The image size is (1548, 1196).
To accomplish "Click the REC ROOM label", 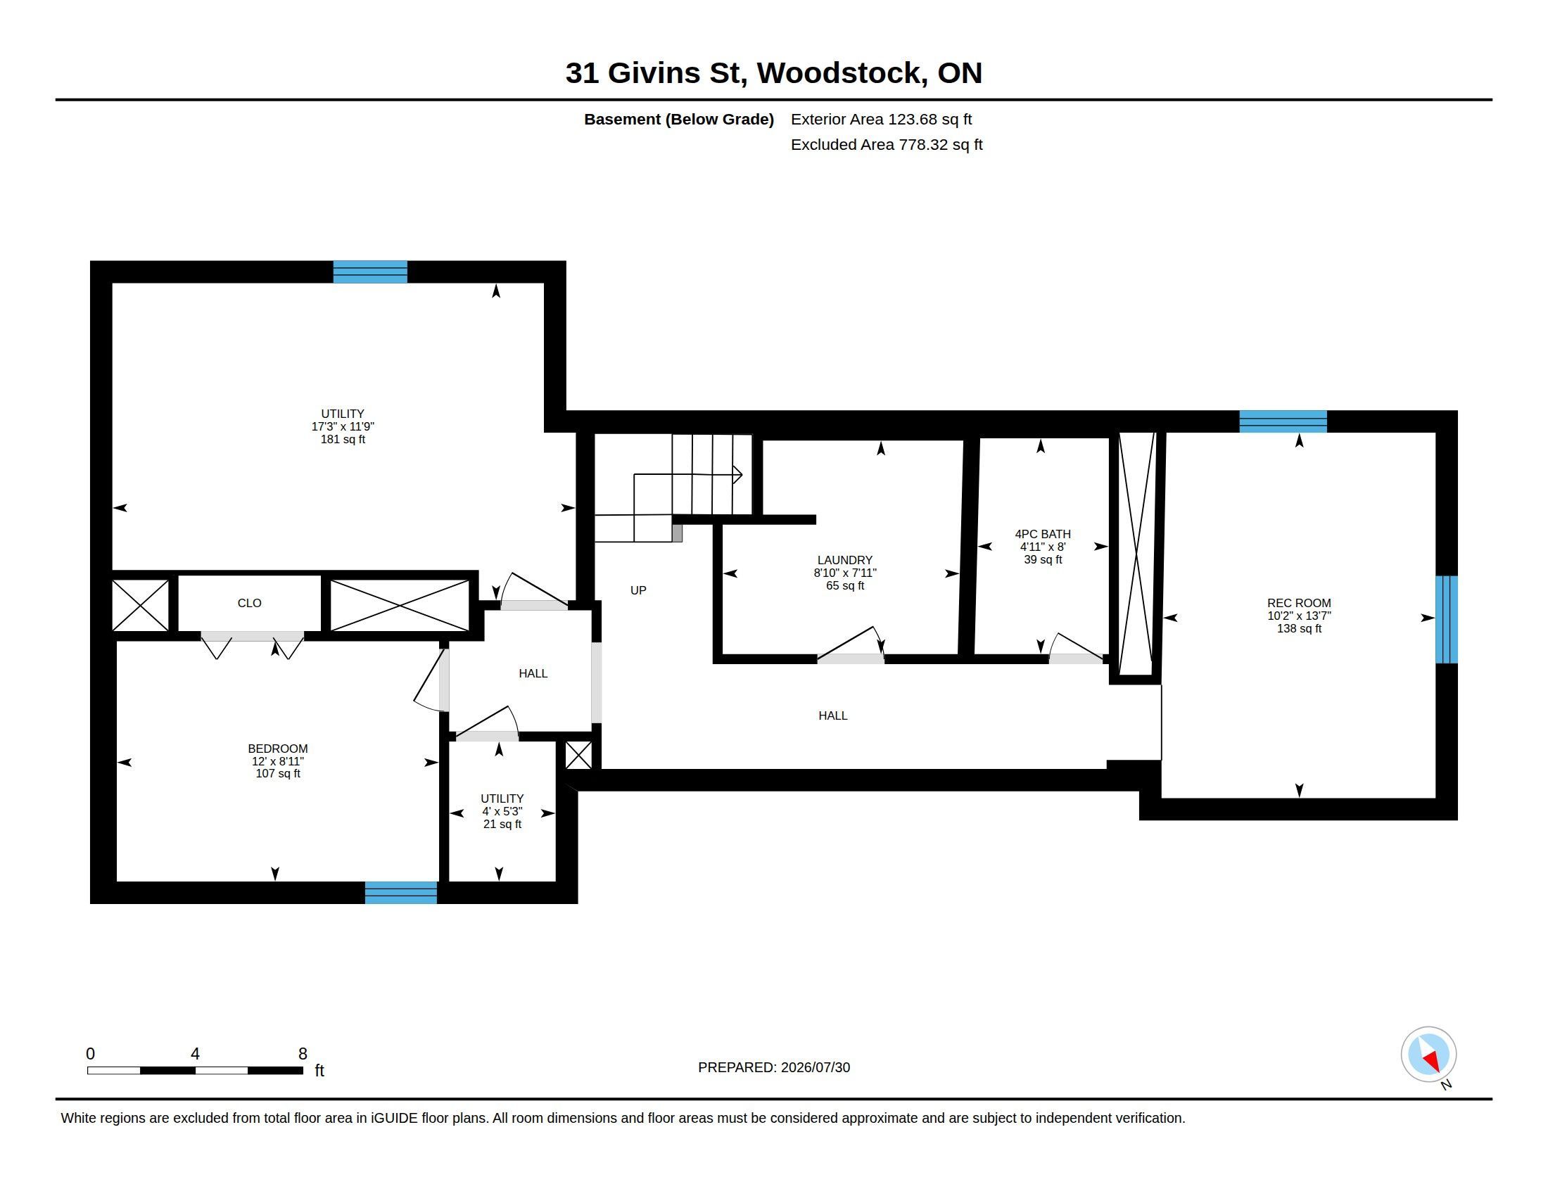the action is pos(1298,603).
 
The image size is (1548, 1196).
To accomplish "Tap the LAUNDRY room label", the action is pos(844,560).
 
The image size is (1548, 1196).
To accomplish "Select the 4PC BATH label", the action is pos(1043,533).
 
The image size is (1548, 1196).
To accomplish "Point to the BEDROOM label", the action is pos(278,749).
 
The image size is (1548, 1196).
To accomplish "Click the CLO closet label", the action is pos(250,603).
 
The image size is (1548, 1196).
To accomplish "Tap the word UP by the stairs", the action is pos(638,590).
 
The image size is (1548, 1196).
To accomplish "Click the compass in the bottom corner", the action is pos(1428,1055).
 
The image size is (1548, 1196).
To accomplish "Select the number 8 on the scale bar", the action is pos(303,1054).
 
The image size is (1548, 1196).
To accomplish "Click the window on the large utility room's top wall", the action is pos(370,272).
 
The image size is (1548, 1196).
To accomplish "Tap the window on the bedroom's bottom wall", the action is pos(400,893).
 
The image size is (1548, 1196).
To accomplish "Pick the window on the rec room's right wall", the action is pos(1447,619).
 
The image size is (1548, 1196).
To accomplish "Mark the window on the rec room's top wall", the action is pos(1283,421).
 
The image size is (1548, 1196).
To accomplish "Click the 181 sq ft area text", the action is pos(343,439).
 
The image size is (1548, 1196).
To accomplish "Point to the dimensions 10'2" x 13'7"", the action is pos(1299,616).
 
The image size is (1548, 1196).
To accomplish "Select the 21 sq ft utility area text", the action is pos(502,824).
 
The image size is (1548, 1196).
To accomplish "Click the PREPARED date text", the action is pos(774,1067).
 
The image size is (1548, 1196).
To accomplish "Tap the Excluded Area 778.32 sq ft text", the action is pos(887,144).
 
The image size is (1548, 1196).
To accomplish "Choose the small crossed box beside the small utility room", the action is pos(578,756).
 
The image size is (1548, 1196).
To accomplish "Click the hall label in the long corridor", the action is pos(833,715).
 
